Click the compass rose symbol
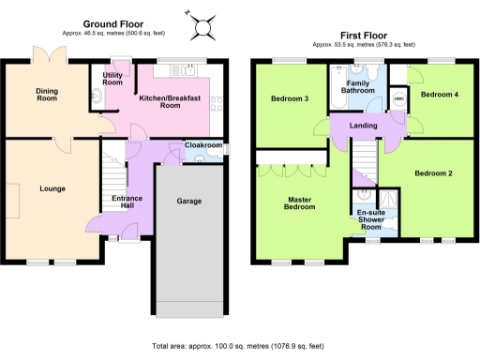[203, 25]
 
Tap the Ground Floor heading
[112, 22]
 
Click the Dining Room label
[48, 94]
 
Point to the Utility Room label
[112, 79]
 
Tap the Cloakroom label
[203, 145]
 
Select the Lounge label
[52, 188]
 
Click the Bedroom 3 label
[290, 98]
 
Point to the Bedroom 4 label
[437, 95]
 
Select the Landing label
[363, 127]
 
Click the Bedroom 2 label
[433, 173]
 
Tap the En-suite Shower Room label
[372, 220]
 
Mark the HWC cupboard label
[398, 99]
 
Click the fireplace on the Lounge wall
[16, 197]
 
